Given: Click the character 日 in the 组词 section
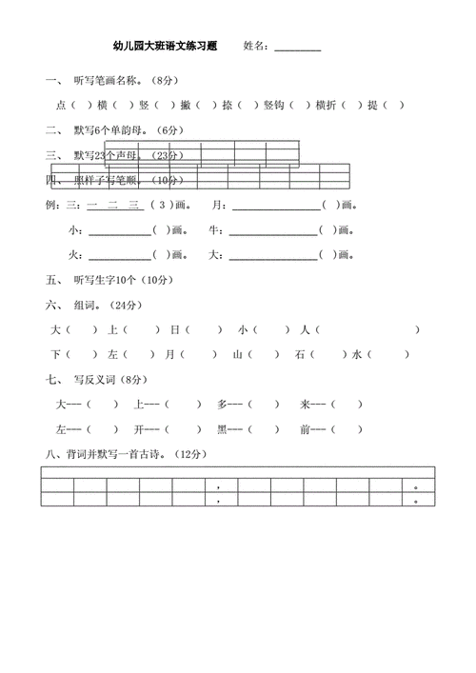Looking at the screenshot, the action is tap(174, 329).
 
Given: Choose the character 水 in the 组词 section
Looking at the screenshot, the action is tap(356, 354).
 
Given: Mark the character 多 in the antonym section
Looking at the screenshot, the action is tap(222, 404).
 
